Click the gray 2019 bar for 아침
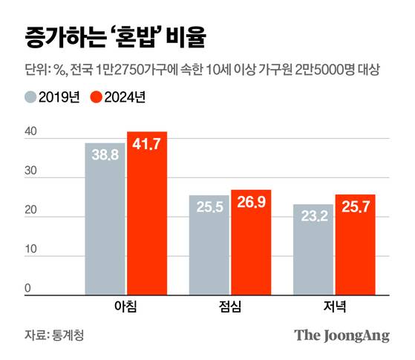[105, 219]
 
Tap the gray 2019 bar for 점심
[209, 245]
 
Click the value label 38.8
[105, 158]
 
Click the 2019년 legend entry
[51, 97]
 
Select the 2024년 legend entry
[118, 97]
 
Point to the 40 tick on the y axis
[30, 132]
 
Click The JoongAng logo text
[342, 336]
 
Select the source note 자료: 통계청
[54, 336]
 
